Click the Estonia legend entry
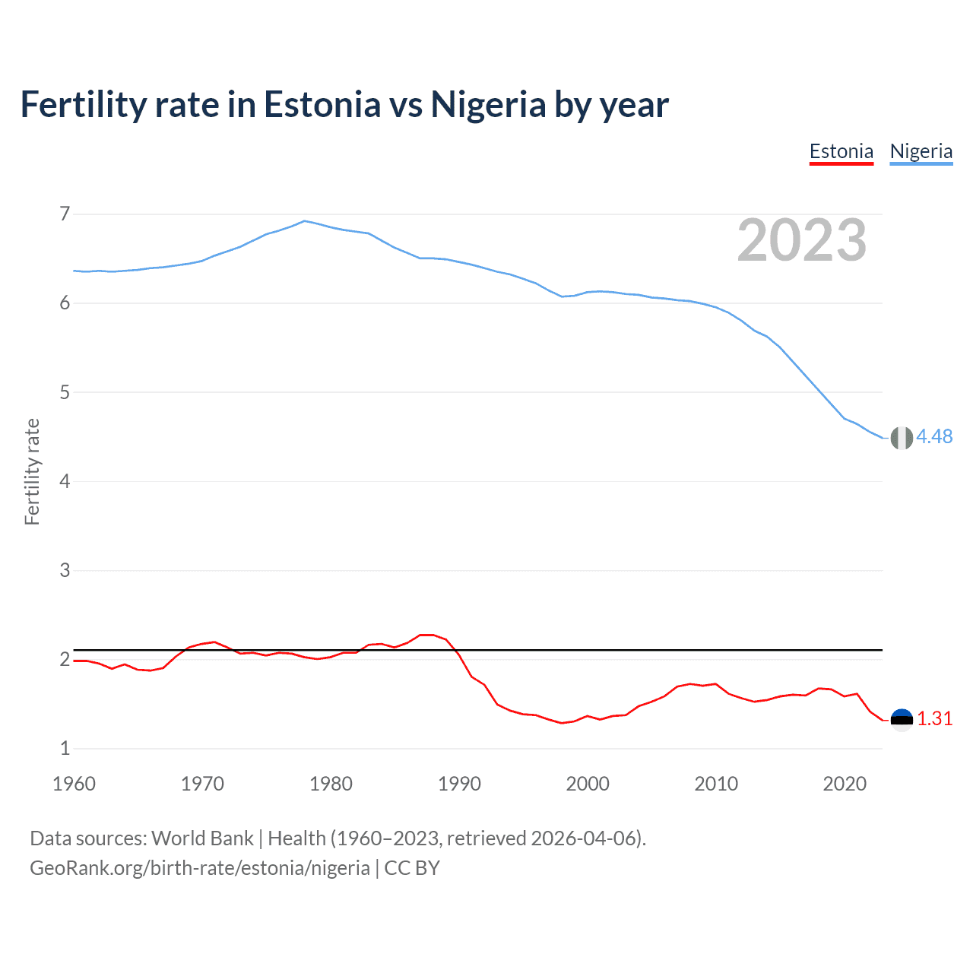coord(841,151)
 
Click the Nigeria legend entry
coord(921,151)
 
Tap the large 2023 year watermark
coord(801,240)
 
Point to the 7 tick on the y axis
coord(65,214)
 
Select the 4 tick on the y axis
coord(65,481)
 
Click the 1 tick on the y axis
coord(65,748)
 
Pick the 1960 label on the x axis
coord(74,784)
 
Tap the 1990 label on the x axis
coord(459,784)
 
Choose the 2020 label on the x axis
coord(845,784)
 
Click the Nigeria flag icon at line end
coord(902,438)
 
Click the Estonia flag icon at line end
coord(902,719)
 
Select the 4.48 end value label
coord(934,436)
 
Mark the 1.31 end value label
coord(934,718)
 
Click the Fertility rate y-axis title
coord(32,471)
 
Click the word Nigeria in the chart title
coord(488,104)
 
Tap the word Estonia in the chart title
coord(322,104)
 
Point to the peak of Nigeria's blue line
coord(305,221)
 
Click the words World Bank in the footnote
coord(202,838)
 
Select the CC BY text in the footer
coord(412,868)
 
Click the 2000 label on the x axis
coord(588,784)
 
